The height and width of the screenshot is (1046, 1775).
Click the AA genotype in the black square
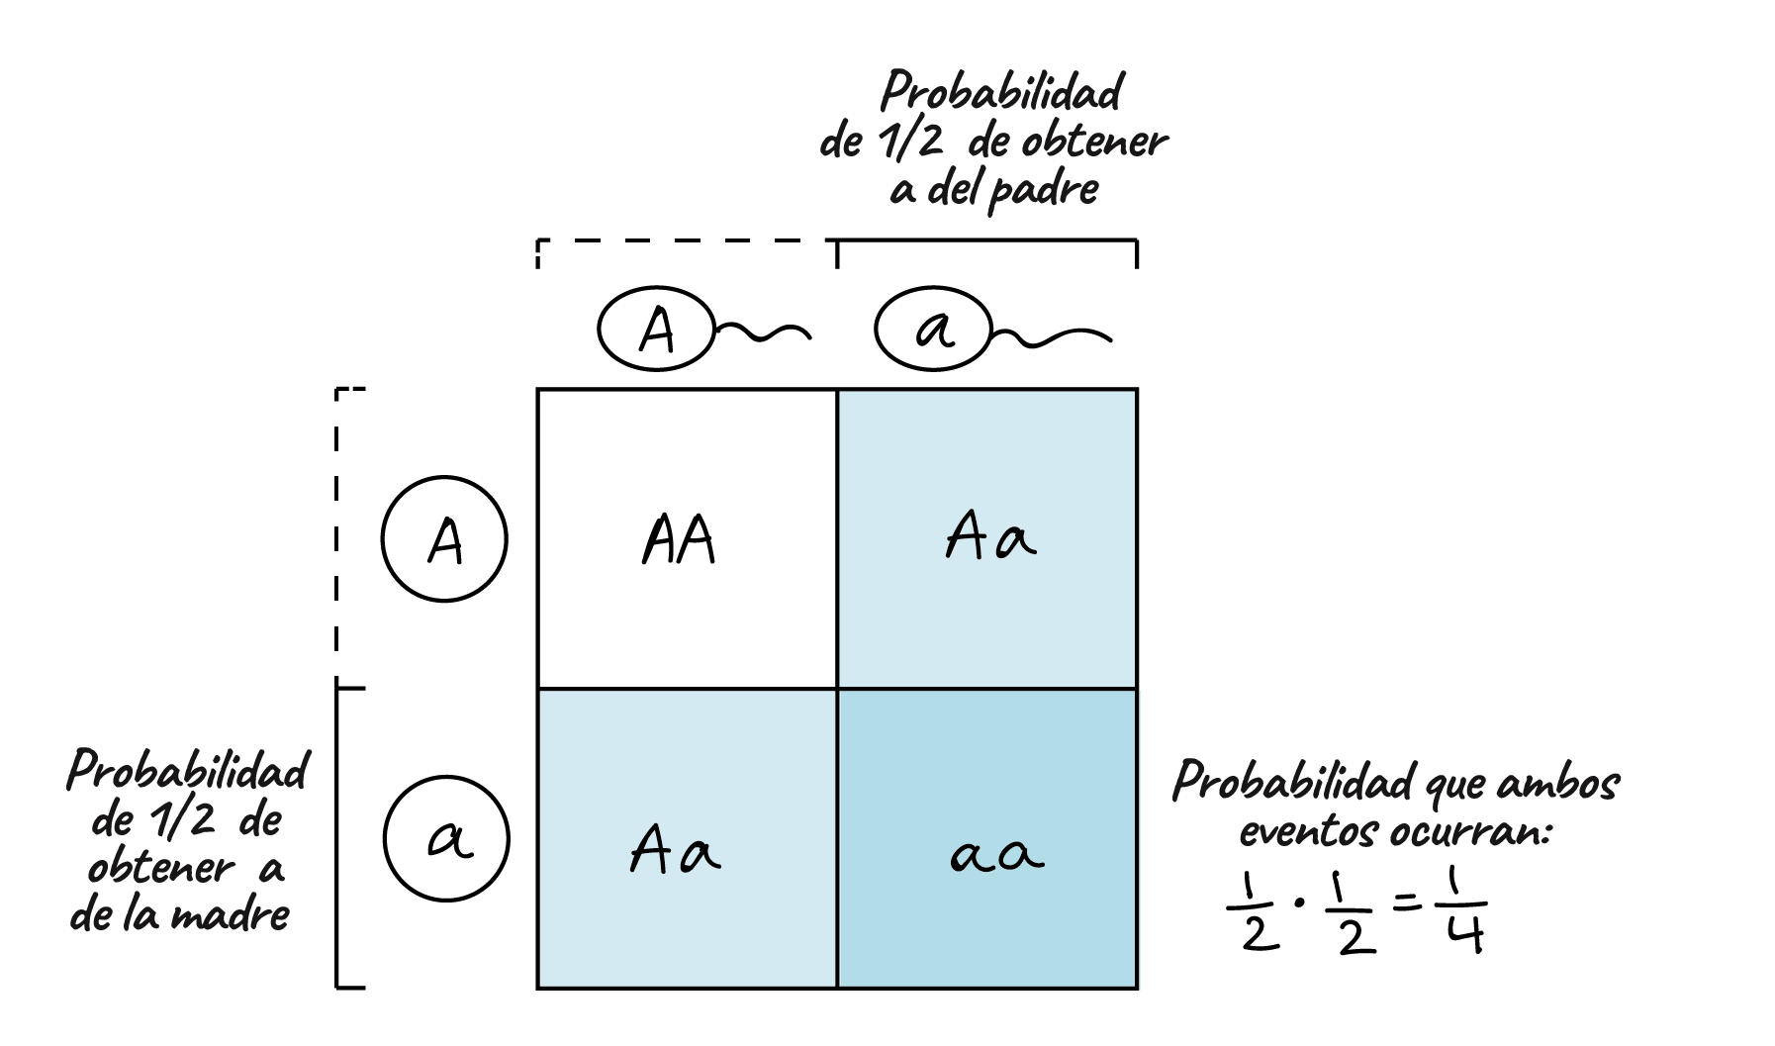[x=679, y=540]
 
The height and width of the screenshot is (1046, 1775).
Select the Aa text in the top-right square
[x=990, y=538]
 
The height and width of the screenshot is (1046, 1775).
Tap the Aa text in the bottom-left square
[x=675, y=851]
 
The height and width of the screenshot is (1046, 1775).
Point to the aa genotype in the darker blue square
[x=997, y=854]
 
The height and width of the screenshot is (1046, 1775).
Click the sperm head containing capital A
[x=656, y=331]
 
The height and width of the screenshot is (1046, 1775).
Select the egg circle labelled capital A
[x=444, y=540]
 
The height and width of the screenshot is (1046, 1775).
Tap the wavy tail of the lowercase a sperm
[x=1054, y=338]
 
